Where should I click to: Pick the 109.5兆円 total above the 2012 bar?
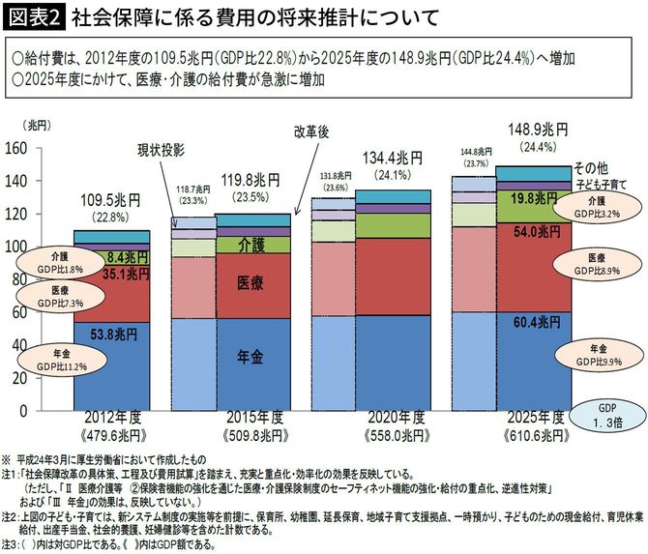point(113,200)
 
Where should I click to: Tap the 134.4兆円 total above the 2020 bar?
point(391,157)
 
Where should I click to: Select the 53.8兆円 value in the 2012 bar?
point(113,334)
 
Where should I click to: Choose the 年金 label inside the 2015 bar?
point(253,356)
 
